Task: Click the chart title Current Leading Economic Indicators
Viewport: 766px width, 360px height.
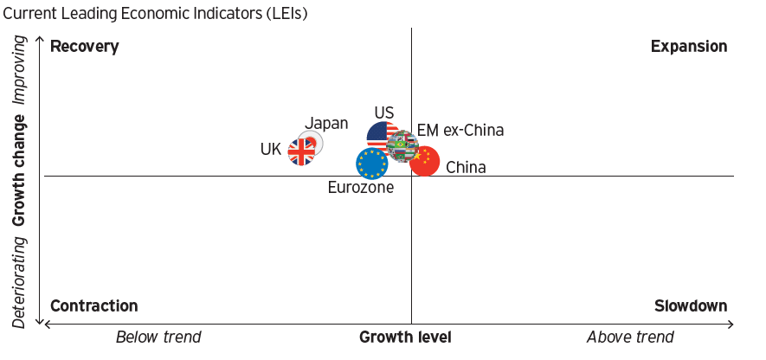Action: [x=155, y=14]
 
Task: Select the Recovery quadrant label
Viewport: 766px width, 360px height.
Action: [x=84, y=46]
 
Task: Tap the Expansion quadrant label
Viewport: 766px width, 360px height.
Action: [x=689, y=46]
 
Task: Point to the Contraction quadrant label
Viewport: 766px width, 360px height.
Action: [x=93, y=305]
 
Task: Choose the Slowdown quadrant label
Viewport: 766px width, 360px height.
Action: [x=690, y=305]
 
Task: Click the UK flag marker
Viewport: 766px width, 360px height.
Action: [x=301, y=152]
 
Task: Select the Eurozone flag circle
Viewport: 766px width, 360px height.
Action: [x=371, y=163]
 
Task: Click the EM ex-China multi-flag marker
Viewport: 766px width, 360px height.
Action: [x=402, y=146]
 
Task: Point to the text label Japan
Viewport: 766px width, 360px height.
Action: [x=326, y=124]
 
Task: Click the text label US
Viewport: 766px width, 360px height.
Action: [x=384, y=113]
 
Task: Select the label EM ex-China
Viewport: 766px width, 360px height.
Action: [x=460, y=131]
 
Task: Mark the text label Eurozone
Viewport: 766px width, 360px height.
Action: [x=361, y=187]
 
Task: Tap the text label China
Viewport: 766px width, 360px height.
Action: [x=466, y=168]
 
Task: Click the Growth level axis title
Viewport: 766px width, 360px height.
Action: [x=405, y=337]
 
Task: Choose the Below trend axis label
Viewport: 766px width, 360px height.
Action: [x=158, y=337]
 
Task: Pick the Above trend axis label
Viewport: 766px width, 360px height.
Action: [x=630, y=337]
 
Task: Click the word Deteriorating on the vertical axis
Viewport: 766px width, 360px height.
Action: [x=20, y=283]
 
